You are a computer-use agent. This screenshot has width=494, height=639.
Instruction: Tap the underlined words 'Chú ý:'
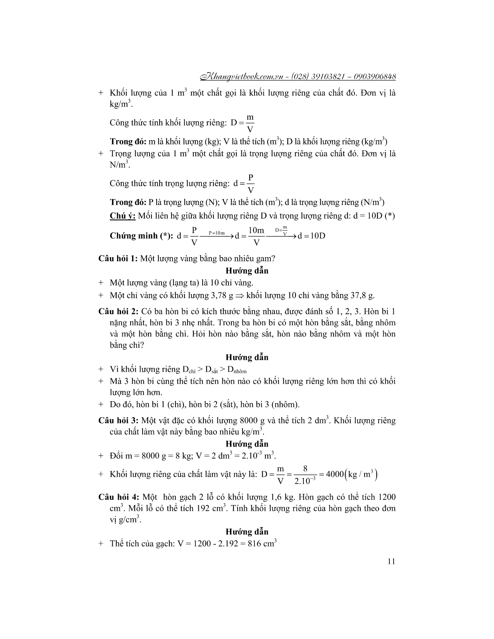point(122,216)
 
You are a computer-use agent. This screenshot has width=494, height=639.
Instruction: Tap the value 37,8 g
point(363,295)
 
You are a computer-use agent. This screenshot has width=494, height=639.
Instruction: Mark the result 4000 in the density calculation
point(335,474)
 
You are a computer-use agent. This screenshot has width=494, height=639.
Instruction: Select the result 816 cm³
point(262,543)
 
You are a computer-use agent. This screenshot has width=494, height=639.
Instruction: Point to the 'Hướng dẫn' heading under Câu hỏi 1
point(247,271)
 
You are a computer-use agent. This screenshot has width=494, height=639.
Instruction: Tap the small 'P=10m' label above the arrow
point(217,233)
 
